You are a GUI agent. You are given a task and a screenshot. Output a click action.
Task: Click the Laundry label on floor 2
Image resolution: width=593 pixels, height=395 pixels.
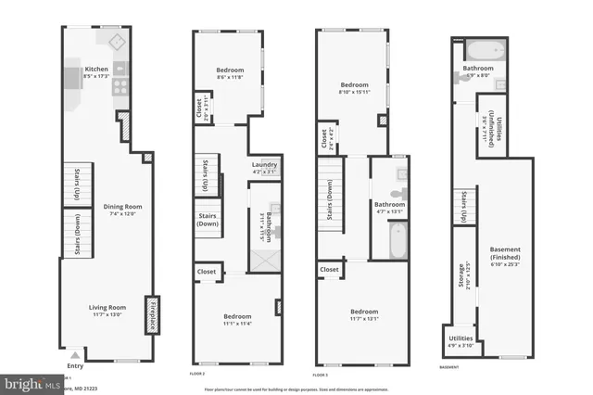pyautogui.click(x=264, y=168)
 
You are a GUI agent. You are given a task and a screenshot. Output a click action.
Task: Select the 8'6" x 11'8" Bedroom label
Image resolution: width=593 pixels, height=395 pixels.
pyautogui.click(x=230, y=72)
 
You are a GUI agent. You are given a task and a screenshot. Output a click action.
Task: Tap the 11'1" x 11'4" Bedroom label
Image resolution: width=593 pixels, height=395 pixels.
pyautogui.click(x=232, y=319)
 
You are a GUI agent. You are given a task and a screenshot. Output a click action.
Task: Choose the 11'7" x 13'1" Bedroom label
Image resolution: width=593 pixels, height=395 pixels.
pyautogui.click(x=363, y=315)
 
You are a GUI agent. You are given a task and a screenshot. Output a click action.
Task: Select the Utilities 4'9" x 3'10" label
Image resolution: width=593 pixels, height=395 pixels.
pyautogui.click(x=461, y=341)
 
